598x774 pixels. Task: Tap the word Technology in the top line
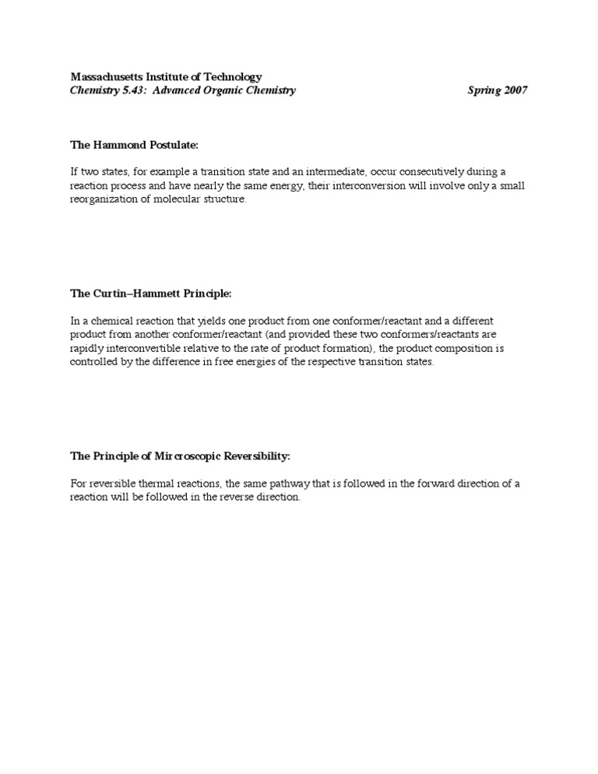pyautogui.click(x=230, y=77)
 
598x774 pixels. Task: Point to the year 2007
pyautogui.click(x=514, y=90)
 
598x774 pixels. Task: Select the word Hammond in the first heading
pyautogui.click(x=119, y=146)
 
